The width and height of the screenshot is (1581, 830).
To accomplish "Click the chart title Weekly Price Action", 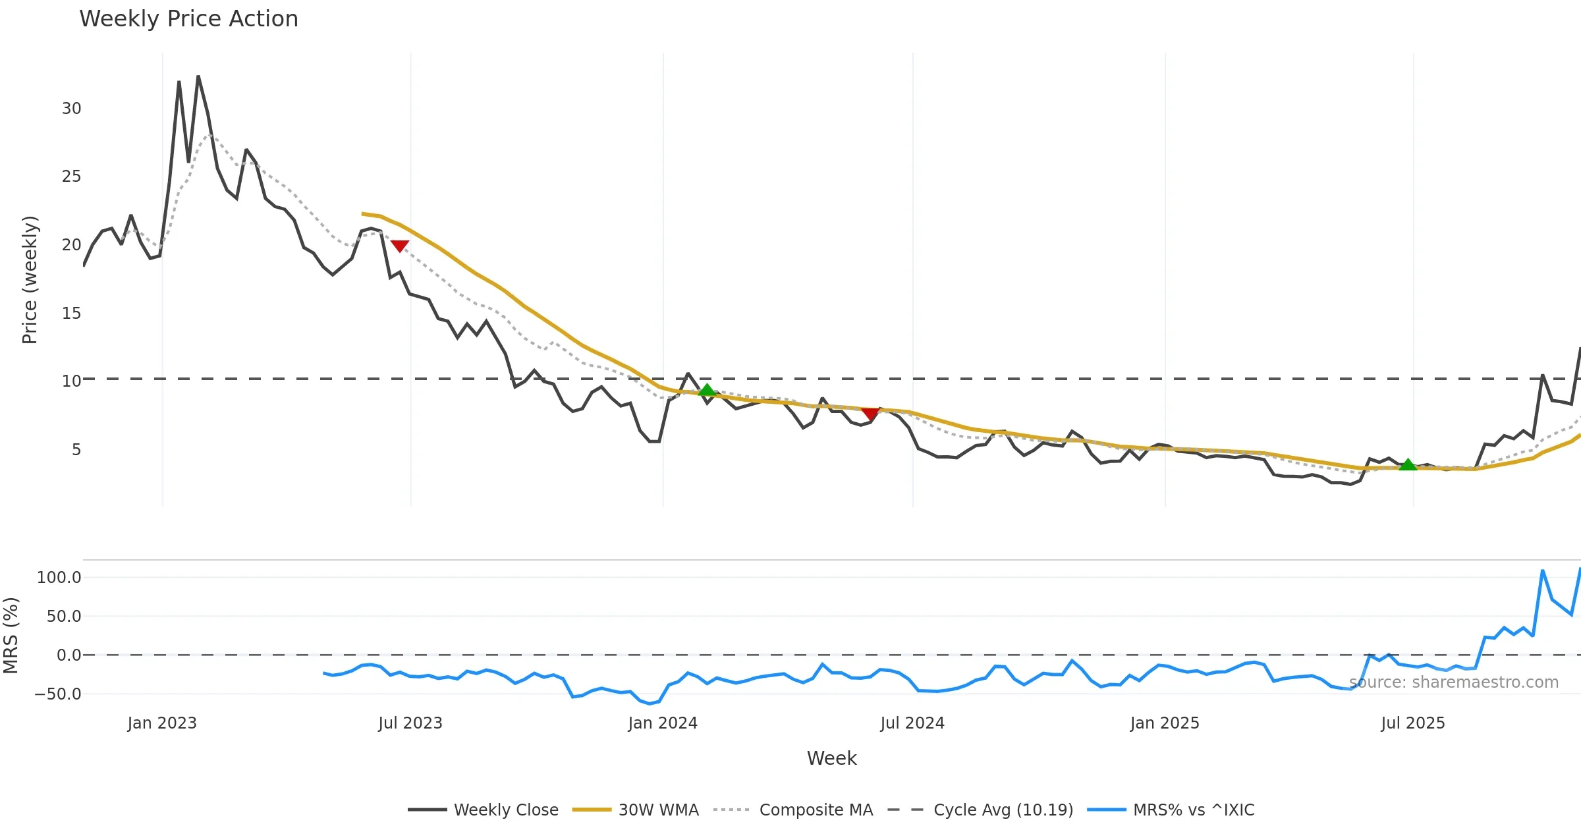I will pyautogui.click(x=188, y=18).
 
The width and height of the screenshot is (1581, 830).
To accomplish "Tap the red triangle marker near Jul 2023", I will pyautogui.click(x=400, y=246).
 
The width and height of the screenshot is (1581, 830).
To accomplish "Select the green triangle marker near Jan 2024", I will pyautogui.click(x=707, y=390).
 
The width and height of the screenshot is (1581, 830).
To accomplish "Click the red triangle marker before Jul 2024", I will pyautogui.click(x=870, y=414).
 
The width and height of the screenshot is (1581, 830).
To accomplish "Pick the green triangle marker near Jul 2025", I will pyautogui.click(x=1408, y=464).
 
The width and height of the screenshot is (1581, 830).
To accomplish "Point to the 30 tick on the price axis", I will pyautogui.click(x=71, y=109).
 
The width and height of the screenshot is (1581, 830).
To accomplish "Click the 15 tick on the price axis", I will pyautogui.click(x=71, y=314).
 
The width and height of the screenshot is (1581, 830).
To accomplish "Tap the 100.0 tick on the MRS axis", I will pyautogui.click(x=59, y=578).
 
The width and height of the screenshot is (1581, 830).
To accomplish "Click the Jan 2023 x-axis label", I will pyautogui.click(x=162, y=723).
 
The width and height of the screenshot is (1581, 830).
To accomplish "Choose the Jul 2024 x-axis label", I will pyautogui.click(x=912, y=723).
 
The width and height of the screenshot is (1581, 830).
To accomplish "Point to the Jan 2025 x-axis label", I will pyautogui.click(x=1165, y=723).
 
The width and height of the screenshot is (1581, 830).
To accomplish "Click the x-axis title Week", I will pyautogui.click(x=831, y=758).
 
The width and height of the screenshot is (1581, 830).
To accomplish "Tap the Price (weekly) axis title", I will pyautogui.click(x=30, y=280).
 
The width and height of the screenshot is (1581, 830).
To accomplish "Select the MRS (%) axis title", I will pyautogui.click(x=11, y=635).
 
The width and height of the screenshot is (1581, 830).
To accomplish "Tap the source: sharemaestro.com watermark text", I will pyautogui.click(x=1453, y=682).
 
